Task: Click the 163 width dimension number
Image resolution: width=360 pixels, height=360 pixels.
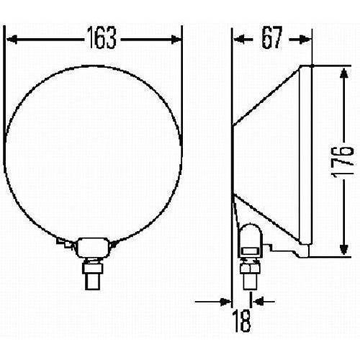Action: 102,37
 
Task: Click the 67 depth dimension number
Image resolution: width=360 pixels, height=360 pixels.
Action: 271,37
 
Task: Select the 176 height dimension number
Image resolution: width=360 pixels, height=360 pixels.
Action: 343,162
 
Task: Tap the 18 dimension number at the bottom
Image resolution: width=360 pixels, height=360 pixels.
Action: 242,320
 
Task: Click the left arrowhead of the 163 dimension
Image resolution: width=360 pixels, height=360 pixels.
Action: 12,40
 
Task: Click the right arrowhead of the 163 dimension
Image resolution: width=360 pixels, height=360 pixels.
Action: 176,40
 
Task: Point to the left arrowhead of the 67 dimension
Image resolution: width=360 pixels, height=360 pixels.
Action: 239,40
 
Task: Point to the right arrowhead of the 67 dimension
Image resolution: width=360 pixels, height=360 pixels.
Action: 305,40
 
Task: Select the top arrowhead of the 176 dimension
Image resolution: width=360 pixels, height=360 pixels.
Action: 344,73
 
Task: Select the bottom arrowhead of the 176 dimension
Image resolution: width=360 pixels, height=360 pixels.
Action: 344,249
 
